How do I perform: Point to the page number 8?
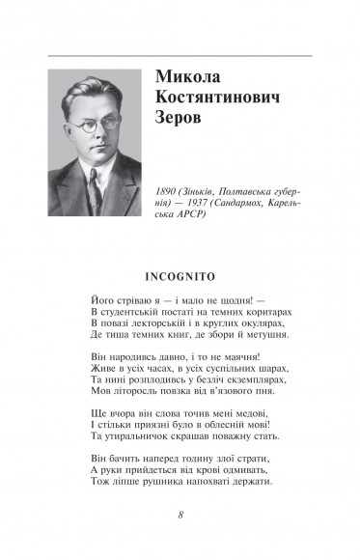(180, 514)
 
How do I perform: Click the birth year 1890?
(167, 193)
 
